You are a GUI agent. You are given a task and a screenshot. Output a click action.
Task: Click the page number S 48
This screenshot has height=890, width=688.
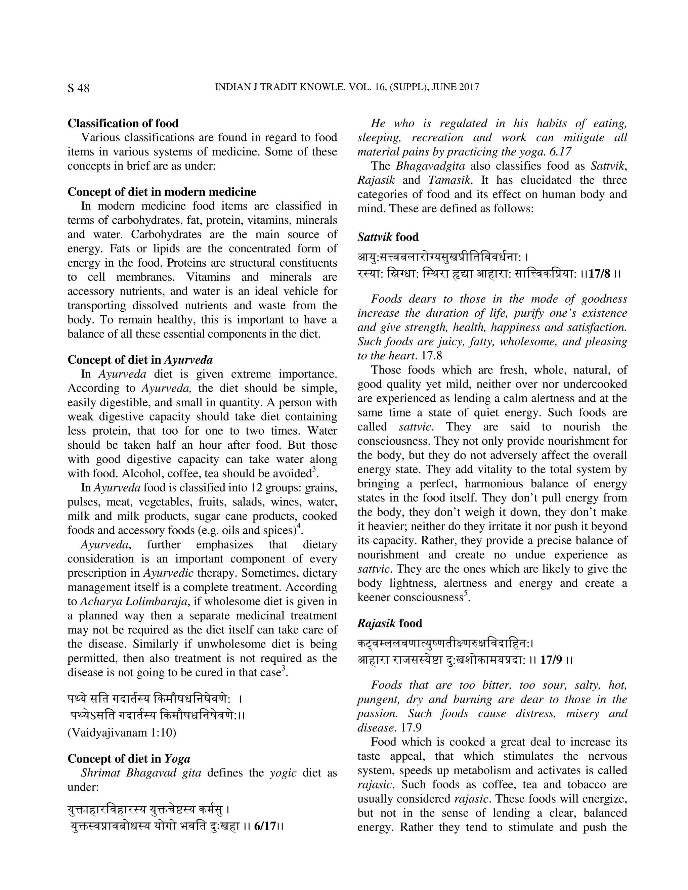[78, 88]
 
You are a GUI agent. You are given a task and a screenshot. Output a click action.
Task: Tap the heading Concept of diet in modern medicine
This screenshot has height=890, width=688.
[162, 191]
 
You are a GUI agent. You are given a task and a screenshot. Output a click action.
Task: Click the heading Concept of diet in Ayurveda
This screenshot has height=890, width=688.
[140, 360]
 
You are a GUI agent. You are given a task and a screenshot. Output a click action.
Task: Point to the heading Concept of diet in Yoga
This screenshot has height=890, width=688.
[129, 758]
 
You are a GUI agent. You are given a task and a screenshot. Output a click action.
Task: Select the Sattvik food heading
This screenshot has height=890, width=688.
[388, 237]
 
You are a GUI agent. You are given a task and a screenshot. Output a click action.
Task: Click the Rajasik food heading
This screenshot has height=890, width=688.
[389, 623]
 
